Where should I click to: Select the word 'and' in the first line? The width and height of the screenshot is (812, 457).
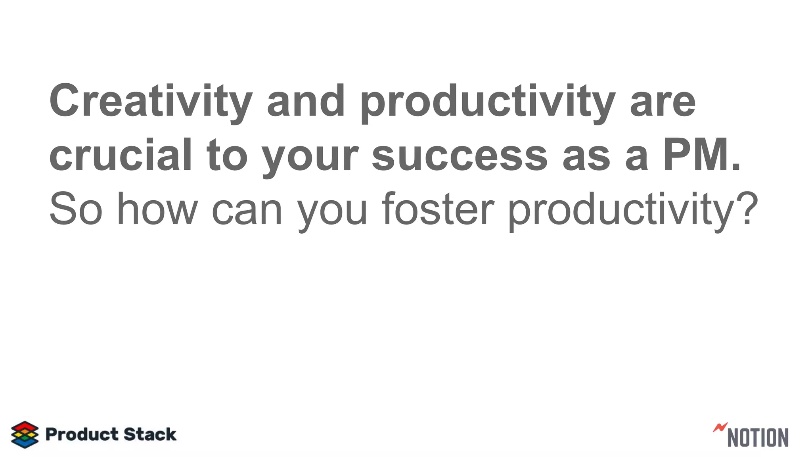point(306,101)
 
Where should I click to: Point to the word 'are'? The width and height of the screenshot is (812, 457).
point(663,101)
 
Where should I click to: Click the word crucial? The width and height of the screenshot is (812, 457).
point(121,155)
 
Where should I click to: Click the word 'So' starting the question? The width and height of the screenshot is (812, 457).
point(76,209)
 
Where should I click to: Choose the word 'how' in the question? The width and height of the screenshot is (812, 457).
point(157,209)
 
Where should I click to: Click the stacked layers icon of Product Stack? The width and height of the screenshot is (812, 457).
point(25,434)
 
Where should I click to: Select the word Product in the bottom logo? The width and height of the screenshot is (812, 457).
point(82,434)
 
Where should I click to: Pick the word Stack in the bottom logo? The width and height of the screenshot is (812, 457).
point(150,434)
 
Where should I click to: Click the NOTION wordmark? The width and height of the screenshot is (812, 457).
point(758,437)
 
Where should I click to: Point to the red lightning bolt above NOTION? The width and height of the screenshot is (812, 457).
point(720,427)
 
